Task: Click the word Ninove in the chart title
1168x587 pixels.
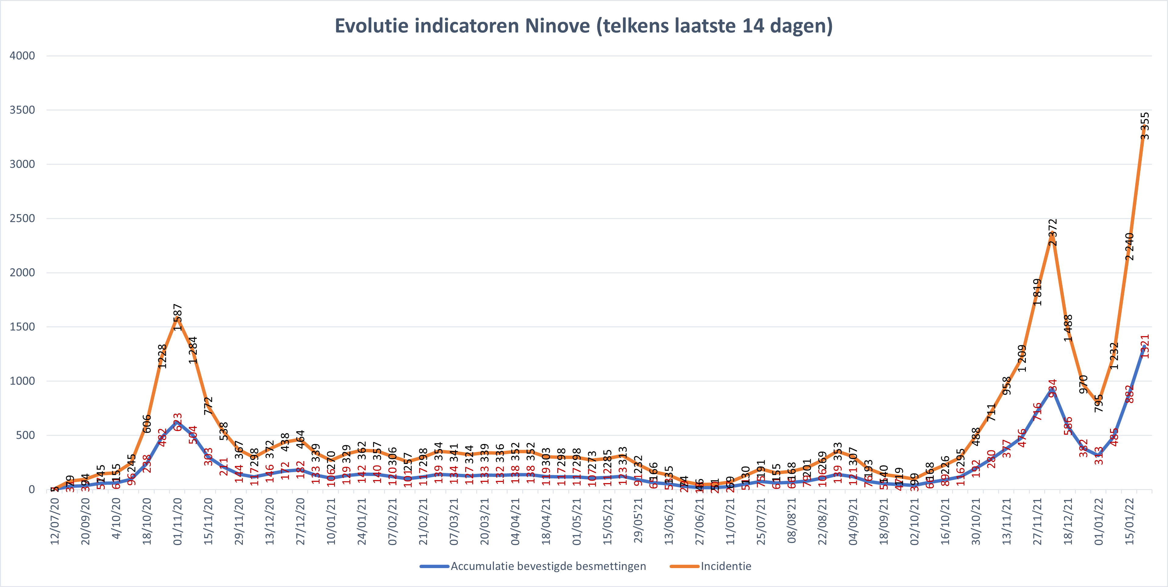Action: coord(557,26)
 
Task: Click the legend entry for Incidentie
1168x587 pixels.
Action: coord(725,566)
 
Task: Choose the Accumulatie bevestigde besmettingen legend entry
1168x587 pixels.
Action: coord(548,566)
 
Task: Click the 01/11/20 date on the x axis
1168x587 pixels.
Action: coord(177,521)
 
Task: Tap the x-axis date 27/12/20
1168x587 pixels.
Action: coord(300,521)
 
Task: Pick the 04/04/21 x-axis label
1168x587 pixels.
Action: coord(515,521)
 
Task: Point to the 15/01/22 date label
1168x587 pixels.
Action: coord(1130,521)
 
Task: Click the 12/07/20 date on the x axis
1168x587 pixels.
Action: coord(54,521)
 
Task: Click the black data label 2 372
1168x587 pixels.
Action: coord(1053,232)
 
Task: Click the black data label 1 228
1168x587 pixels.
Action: coord(162,356)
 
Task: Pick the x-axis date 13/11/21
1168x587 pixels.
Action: coord(1007,521)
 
